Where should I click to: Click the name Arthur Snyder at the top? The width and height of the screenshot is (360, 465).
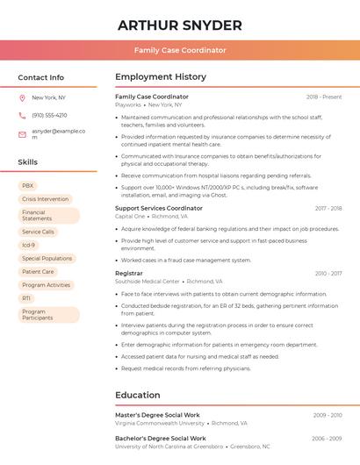pos(180,25)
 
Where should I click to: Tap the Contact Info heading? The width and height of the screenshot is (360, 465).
pos(40,77)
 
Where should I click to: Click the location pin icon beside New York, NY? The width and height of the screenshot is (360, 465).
pos(22,97)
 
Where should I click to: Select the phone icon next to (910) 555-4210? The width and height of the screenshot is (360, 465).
pos(22,115)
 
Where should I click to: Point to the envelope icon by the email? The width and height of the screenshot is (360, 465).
pos(22,134)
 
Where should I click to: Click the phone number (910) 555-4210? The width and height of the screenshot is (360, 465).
pos(49,115)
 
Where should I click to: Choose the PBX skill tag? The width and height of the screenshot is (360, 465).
pos(27,185)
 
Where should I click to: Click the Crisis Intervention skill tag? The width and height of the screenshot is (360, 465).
pos(45,199)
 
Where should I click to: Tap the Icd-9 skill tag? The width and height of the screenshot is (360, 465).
pos(29,245)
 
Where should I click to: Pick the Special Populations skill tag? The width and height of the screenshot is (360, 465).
pos(47,259)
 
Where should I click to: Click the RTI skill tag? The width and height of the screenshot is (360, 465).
pos(26,298)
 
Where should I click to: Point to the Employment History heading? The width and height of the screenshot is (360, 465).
pos(160,77)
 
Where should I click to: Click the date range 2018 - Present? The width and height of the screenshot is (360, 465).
pos(324,97)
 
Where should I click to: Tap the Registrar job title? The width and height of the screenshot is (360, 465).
pos(128,273)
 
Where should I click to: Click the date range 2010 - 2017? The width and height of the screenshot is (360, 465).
pos(328,274)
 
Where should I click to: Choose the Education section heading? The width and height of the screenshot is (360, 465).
pos(137,395)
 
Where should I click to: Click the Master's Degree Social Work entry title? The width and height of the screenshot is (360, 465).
pos(157,415)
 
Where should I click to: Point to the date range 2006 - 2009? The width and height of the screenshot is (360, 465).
pos(327,438)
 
